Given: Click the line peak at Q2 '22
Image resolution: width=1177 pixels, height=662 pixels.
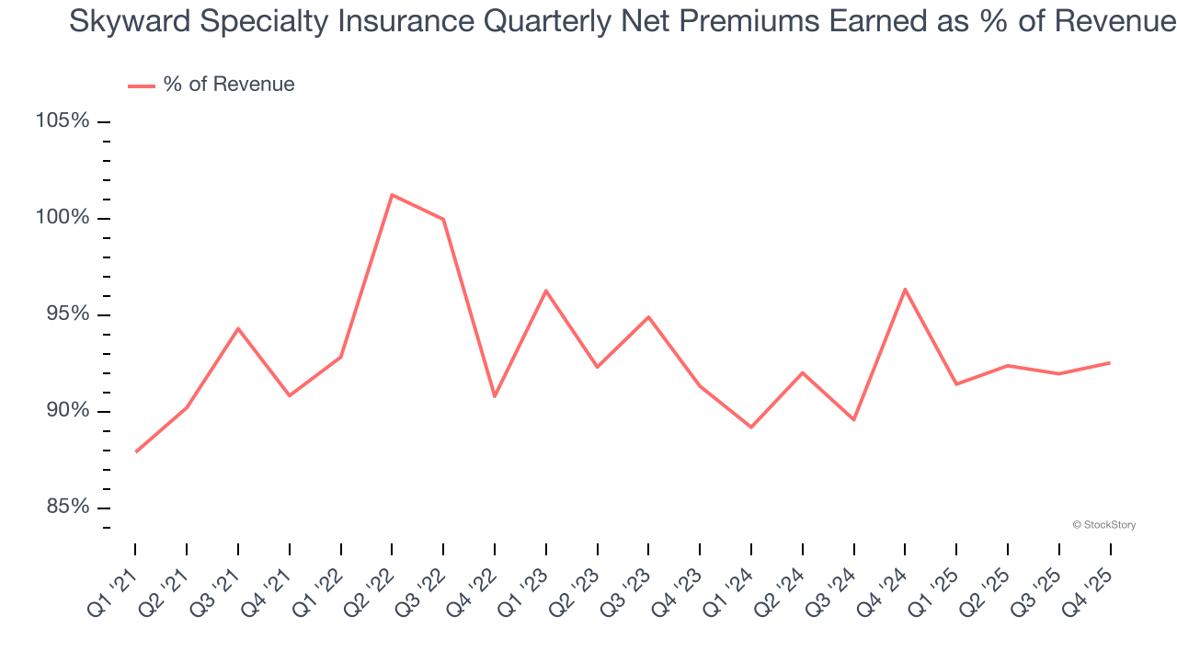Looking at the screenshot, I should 392,195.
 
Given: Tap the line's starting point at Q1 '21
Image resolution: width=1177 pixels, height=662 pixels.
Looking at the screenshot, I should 136,451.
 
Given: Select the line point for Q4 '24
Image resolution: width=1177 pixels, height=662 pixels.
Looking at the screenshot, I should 905,289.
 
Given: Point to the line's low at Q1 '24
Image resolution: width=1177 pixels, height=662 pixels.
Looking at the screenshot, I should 751,428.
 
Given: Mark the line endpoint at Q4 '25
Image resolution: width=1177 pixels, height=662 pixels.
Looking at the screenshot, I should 1110,362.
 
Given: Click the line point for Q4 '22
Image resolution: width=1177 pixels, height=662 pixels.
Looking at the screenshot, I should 495,396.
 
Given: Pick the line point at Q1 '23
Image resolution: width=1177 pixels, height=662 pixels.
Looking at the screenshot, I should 546,291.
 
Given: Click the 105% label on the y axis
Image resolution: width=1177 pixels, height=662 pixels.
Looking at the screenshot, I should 63,121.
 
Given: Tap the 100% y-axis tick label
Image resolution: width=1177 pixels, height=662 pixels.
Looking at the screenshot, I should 63,218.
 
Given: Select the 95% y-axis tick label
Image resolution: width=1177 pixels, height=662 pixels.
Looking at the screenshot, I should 66,314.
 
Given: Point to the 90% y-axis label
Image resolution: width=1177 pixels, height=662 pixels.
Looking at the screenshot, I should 66,410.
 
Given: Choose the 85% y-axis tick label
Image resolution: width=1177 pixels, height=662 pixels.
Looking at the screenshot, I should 66,507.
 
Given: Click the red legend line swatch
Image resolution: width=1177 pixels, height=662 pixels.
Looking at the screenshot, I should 141,86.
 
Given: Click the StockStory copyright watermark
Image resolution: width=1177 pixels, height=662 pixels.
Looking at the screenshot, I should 1103,525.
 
